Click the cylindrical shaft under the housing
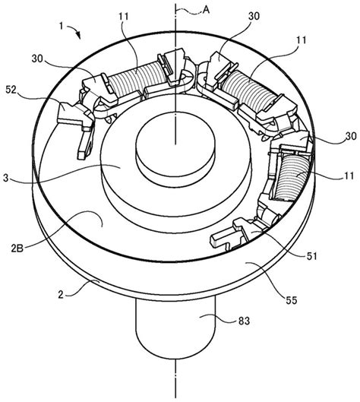point(175,334)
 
